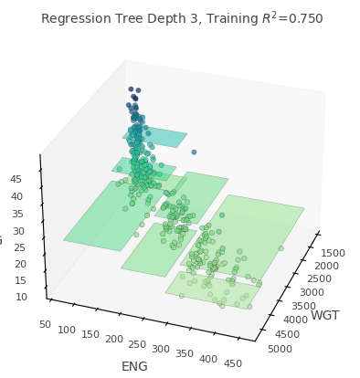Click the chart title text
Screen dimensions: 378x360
pyautogui.click(x=182, y=18)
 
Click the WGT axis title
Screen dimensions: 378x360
pyautogui.click(x=324, y=315)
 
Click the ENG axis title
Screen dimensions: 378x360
pyautogui.click(x=134, y=366)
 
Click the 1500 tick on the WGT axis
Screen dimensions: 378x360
pyautogui.click(x=333, y=252)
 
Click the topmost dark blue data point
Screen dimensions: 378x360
pyautogui.click(x=131, y=89)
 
